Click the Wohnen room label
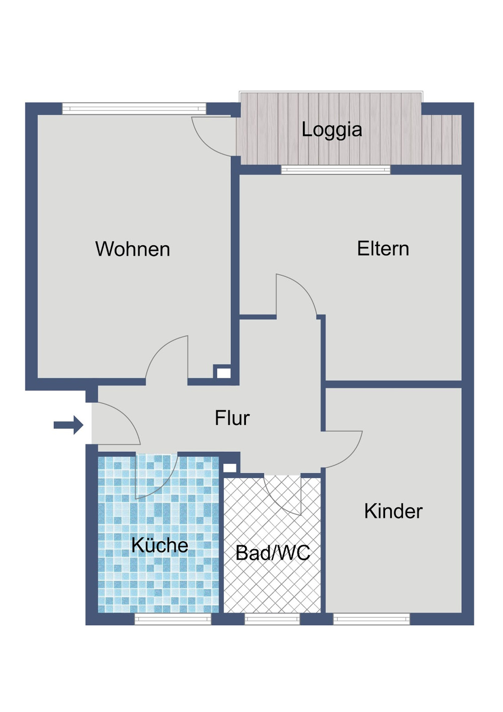[x=133, y=249]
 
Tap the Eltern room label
[x=383, y=249]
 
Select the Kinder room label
[x=393, y=511]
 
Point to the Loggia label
[x=331, y=130]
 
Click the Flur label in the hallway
[x=232, y=418]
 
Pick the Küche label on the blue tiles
[x=159, y=545]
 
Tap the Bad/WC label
[x=273, y=553]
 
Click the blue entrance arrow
[x=68, y=425]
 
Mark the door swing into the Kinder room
[x=342, y=448]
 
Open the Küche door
[x=155, y=476]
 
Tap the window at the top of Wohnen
[x=134, y=108]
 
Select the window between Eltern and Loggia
[x=336, y=170]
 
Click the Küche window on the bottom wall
[x=173, y=619]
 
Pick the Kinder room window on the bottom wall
[x=371, y=619]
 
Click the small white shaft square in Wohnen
[x=223, y=373]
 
